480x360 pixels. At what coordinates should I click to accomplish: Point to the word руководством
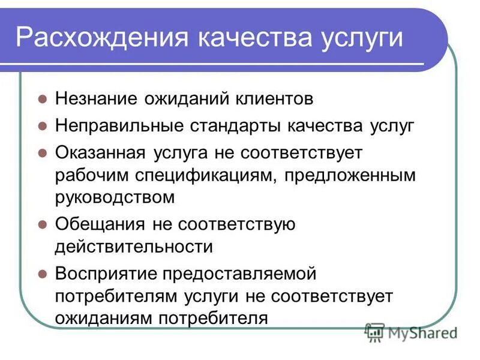tap(115, 197)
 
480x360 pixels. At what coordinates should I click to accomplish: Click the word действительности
tap(134, 247)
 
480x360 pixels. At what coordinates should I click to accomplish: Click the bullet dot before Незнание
tap(43, 100)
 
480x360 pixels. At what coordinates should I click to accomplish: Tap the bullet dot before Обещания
tap(43, 224)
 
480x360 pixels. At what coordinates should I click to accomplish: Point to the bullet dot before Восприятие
tap(43, 274)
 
